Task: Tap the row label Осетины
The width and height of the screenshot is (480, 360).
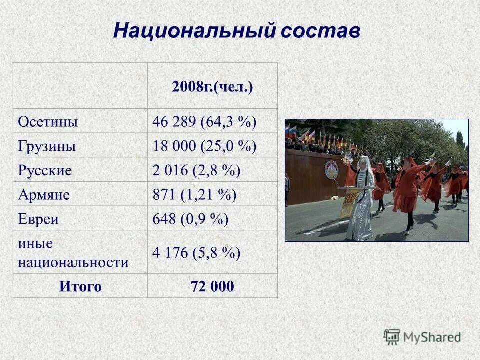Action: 48,122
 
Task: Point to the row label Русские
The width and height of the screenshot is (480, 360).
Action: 45,170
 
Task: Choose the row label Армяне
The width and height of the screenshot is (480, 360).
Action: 44,195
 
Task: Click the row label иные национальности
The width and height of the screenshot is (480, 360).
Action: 73,253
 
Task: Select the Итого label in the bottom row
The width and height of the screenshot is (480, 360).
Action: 80,287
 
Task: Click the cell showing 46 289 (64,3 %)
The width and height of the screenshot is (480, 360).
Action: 204,122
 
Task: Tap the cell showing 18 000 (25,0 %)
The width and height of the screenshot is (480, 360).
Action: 204,146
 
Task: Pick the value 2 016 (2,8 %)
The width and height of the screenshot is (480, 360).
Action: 196,170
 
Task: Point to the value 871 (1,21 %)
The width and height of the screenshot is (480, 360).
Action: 194,195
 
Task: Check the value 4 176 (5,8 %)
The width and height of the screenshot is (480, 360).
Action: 196,253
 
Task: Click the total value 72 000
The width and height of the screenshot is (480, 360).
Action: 212,287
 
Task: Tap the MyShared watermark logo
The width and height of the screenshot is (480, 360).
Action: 423,337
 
